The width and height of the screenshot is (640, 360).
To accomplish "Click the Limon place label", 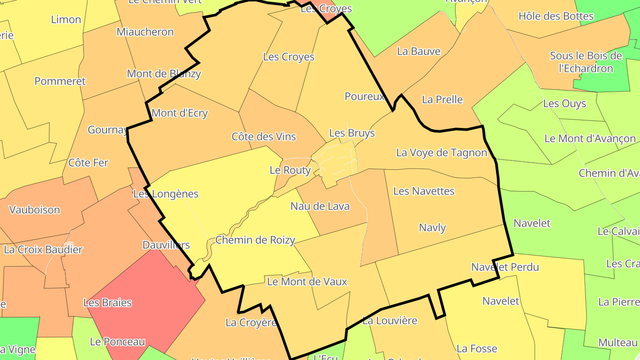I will [x=66, y=20].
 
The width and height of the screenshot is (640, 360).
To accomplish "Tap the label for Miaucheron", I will [x=145, y=32].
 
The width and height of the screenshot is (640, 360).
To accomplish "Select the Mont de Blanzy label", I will [x=164, y=74].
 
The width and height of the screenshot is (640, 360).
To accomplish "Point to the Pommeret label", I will [x=60, y=81].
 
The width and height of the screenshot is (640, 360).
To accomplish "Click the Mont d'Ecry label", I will [x=180, y=113].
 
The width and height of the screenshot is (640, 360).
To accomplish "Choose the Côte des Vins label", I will [x=264, y=136].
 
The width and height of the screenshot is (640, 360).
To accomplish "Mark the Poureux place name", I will [x=364, y=96].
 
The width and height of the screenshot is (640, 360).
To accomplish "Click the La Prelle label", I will [x=442, y=100].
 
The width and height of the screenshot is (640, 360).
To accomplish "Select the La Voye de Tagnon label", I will [x=442, y=153].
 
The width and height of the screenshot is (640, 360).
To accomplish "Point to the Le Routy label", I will [x=290, y=170].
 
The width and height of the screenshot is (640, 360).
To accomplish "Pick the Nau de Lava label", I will [x=320, y=206].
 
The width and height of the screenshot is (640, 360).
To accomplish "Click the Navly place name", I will [x=432, y=228].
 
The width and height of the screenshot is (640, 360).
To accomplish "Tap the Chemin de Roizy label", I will [x=255, y=240].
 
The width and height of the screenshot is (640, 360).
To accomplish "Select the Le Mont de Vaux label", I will [x=307, y=281].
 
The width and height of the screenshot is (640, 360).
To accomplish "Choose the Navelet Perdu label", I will [x=505, y=267].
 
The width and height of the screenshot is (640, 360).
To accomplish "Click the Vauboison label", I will [x=35, y=210].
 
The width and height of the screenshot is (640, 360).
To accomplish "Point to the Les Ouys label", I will [x=564, y=104].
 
